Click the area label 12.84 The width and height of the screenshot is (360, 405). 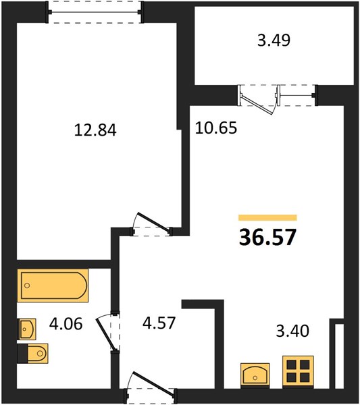tap(95, 130)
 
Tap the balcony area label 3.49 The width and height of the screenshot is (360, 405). tap(274, 40)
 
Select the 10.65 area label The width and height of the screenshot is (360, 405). tap(215, 128)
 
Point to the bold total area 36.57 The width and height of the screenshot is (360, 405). tap(267, 238)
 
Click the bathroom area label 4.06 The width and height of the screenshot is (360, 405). tap(66, 323)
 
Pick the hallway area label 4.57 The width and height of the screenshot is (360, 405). tap(159, 323)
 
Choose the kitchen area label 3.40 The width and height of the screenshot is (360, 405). tap(292, 331)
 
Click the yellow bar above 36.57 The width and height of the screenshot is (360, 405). tap(267, 218)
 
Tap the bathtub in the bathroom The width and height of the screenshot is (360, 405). tap(53, 286)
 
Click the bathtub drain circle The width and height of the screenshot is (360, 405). tap(27, 286)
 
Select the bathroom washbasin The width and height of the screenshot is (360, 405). tap(26, 329)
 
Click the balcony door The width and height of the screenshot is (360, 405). tap(259, 100)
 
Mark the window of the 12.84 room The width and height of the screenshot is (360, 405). tap(95, 12)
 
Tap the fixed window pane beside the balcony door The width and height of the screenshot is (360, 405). tap(297, 95)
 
